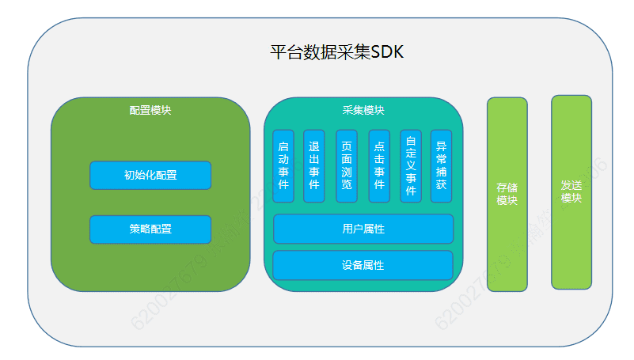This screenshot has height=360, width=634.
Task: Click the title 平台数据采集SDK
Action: click(336, 53)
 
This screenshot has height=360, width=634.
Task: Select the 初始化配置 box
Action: click(150, 175)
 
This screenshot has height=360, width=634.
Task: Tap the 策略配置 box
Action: click(150, 229)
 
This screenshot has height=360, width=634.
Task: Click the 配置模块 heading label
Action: click(150, 110)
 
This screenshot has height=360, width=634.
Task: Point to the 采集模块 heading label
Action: click(363, 110)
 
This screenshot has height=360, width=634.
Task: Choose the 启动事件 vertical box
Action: click(283, 166)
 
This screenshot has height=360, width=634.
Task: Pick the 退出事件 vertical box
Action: click(314, 166)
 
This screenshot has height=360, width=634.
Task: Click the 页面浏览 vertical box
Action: click(347, 166)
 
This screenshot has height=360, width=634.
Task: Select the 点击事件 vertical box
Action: click(379, 166)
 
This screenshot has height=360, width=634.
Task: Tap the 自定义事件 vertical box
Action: click(411, 166)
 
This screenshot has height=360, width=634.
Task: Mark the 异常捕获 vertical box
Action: click(442, 166)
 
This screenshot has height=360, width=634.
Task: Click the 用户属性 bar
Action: click(363, 229)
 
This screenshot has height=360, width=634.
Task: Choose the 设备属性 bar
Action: click(363, 265)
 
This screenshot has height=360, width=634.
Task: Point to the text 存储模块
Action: click(507, 194)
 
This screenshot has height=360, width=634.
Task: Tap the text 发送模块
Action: click(571, 191)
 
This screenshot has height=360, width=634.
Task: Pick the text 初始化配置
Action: click(150, 175)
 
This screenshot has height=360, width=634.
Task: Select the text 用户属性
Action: click(363, 229)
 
